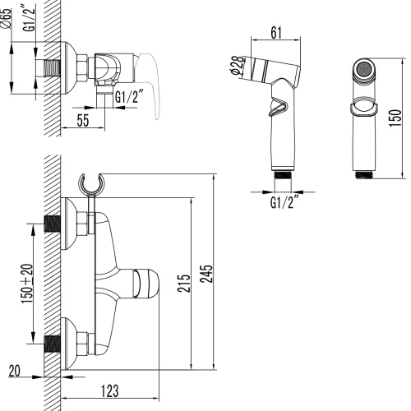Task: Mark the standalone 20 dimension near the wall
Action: (13, 371)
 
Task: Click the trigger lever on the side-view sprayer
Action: (279, 108)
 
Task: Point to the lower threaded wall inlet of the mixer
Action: (52, 342)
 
